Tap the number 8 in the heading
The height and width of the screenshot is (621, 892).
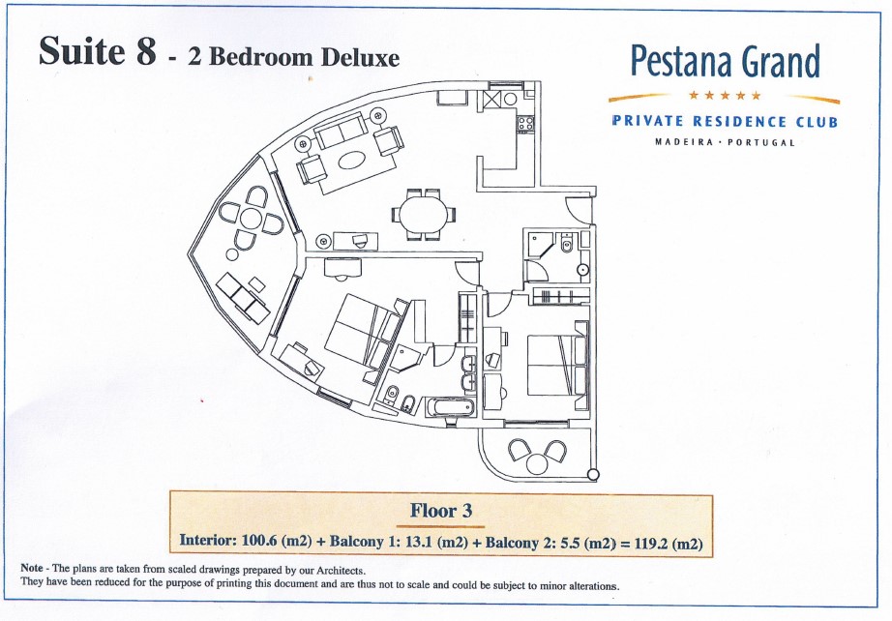[146, 51]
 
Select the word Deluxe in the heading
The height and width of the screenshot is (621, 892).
[360, 57]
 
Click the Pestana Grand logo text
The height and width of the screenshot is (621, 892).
[726, 62]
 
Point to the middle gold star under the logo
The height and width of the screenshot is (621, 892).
[725, 95]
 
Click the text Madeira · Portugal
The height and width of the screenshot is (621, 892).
[725, 141]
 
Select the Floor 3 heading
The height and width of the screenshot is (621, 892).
[441, 511]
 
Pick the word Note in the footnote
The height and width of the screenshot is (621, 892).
[32, 568]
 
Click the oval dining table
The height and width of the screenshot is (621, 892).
[423, 215]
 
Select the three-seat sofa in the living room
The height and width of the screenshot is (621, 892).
[341, 131]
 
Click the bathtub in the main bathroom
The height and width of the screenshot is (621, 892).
[450, 407]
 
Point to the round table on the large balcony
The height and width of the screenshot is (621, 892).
[251, 219]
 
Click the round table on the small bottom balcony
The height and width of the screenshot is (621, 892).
[537, 464]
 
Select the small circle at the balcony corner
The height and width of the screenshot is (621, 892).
[593, 474]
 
